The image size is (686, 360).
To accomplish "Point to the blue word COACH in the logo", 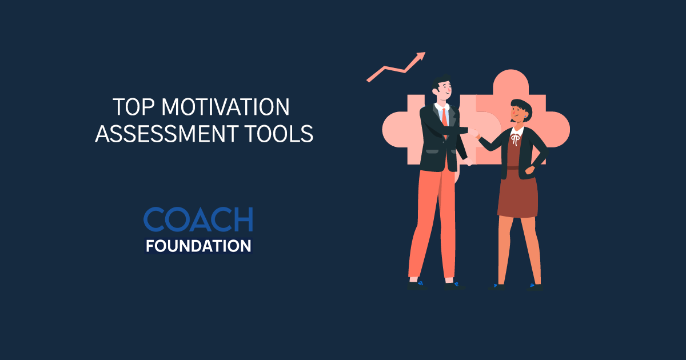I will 198,219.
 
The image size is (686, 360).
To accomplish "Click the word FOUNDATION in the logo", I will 198,246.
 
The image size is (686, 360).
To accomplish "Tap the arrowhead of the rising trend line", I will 421,56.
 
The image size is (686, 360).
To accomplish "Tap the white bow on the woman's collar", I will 516,139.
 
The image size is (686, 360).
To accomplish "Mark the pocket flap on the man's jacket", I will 429,152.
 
